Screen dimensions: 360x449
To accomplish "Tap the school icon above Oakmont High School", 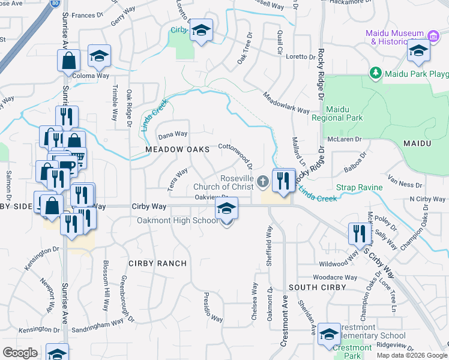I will [226, 209].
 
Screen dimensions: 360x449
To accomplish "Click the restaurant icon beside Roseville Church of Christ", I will [283, 179].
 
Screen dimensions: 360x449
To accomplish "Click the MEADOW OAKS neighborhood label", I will [177, 149].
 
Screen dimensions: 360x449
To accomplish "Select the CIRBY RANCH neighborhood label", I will [157, 263].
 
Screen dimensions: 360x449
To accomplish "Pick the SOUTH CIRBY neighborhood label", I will [317, 287].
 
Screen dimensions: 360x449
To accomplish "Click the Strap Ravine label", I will [359, 188].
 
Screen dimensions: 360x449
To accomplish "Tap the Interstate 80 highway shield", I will [55, 2].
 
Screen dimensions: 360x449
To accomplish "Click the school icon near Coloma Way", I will [99, 56].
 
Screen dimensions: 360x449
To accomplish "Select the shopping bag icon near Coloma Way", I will [69, 61].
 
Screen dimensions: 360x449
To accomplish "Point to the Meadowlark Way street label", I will [286, 103].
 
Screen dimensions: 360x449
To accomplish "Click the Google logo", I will [20, 353].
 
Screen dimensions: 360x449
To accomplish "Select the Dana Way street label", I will [173, 134].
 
